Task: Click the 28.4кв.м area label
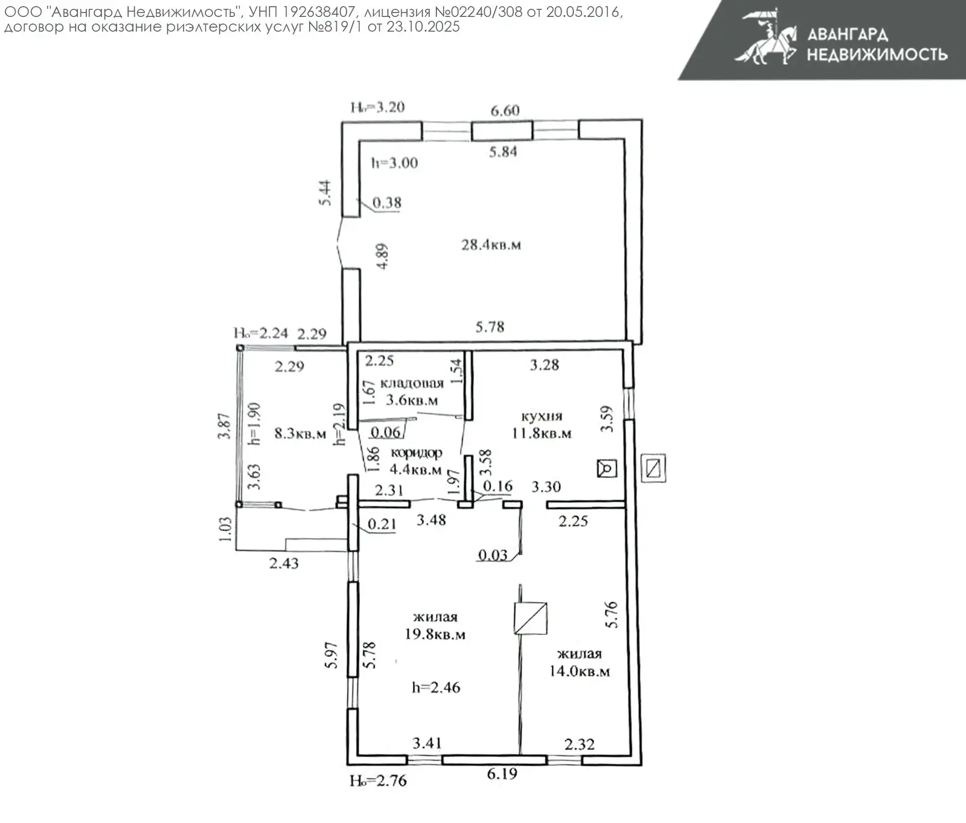pos(491,245)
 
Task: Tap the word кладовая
pos(412,383)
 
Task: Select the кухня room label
pos(542,416)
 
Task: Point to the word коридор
pos(416,453)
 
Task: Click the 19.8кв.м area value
pos(435,634)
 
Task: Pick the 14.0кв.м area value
pos(579,671)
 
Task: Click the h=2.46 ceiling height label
pos(436,687)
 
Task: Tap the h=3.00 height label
pos(394,163)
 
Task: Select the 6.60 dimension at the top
pos(505,111)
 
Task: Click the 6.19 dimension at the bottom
pos(502,773)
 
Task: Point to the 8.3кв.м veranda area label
pos(300,433)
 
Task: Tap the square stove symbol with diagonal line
pos(530,618)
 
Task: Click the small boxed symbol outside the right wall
pos(653,468)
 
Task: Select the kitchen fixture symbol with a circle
pos(607,468)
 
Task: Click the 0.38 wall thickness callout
pos(386,203)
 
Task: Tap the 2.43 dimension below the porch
pos(284,563)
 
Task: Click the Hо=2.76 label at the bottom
pos(378,781)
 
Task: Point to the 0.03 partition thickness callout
pos(493,555)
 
